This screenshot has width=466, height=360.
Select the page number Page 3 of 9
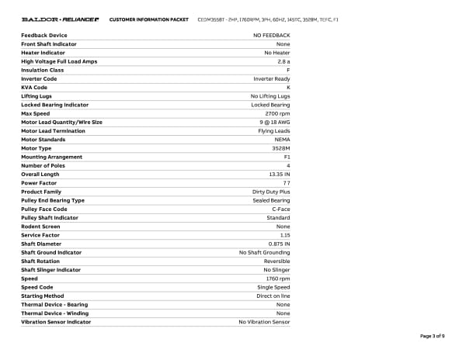pyautogui.click(x=433, y=336)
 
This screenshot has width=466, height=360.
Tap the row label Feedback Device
pyautogui.click(x=43, y=36)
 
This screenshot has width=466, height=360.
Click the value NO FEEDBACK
pyautogui.click(x=272, y=36)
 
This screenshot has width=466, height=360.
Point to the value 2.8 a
pyautogui.click(x=283, y=61)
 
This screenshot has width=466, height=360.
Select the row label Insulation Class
pyautogui.click(x=43, y=70)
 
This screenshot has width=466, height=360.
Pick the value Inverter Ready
pyautogui.click(x=272, y=78)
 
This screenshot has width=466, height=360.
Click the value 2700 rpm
pyautogui.click(x=277, y=113)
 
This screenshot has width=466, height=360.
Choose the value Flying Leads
pyautogui.click(x=274, y=130)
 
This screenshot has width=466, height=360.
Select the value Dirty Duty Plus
pyautogui.click(x=271, y=192)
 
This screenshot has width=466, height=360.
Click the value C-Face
pyautogui.click(x=280, y=209)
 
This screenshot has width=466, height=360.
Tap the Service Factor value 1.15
pyautogui.click(x=285, y=234)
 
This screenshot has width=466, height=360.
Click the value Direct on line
pyautogui.click(x=273, y=296)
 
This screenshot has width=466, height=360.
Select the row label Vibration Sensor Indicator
pyautogui.click(x=56, y=321)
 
